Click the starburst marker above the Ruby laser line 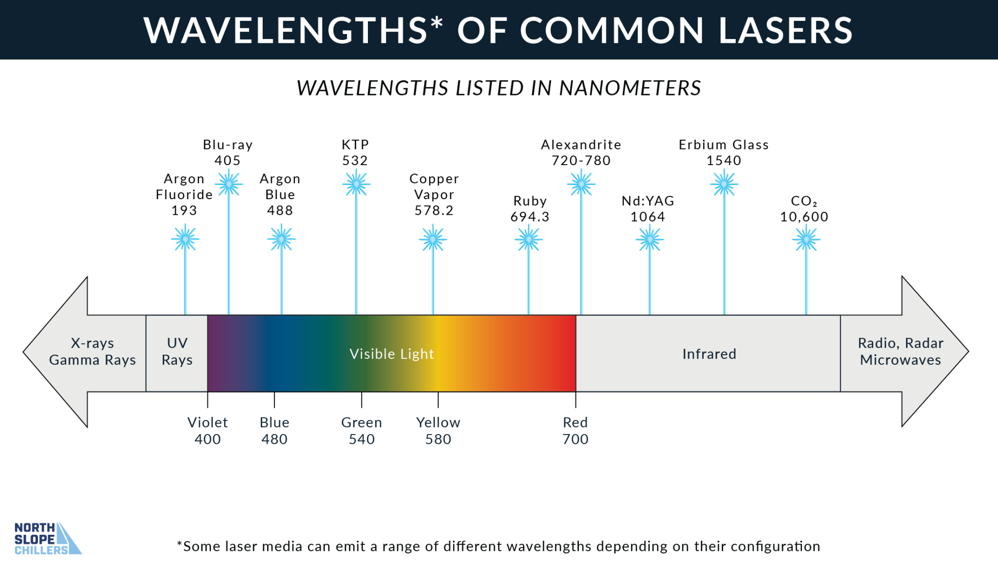(x=528, y=239)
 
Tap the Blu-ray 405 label (x=228, y=152)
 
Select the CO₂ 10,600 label (x=804, y=209)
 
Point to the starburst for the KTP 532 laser (x=356, y=184)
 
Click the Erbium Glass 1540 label (x=724, y=152)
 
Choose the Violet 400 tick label (x=208, y=431)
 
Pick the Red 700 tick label (x=575, y=431)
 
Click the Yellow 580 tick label (x=438, y=431)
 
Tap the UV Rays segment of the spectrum (x=177, y=352)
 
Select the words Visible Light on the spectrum (x=391, y=354)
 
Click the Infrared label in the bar (x=709, y=354)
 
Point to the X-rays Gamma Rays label (x=93, y=352)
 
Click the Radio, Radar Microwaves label (x=901, y=352)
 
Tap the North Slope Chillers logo (x=47, y=539)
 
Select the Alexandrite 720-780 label (x=581, y=152)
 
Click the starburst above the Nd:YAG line (x=649, y=239)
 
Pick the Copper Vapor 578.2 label (x=434, y=194)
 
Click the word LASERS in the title (x=785, y=30)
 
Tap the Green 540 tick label (x=362, y=431)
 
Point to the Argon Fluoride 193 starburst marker (x=185, y=239)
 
